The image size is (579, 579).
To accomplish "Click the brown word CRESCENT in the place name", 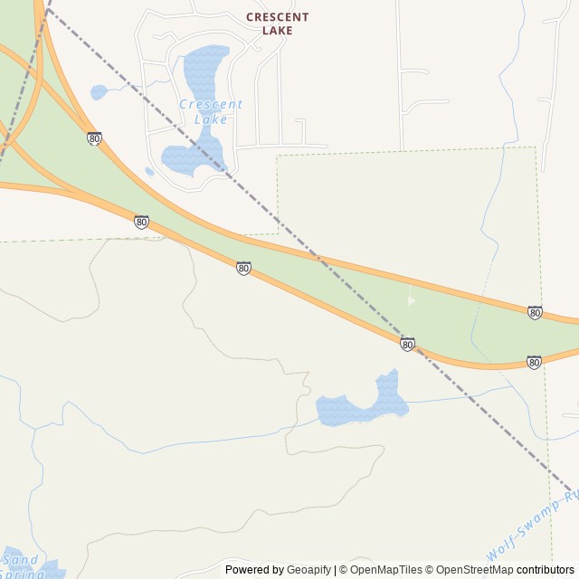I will click(x=277, y=17).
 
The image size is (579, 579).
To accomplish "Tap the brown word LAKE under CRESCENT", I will click(x=277, y=31).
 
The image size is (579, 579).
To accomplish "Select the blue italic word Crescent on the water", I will click(x=211, y=104).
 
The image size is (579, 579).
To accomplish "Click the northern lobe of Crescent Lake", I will click(x=205, y=68).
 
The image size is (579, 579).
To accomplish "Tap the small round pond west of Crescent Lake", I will click(x=99, y=91).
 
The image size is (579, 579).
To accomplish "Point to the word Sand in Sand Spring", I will click(x=19, y=559).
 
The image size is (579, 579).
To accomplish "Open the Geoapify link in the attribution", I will click(x=308, y=570).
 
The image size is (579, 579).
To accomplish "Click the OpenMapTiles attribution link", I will click(x=385, y=570).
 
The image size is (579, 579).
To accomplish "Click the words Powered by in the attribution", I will click(x=254, y=570).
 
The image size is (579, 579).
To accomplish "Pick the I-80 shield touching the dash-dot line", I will click(x=407, y=345).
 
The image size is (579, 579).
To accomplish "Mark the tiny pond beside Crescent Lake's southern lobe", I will click(x=149, y=171).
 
